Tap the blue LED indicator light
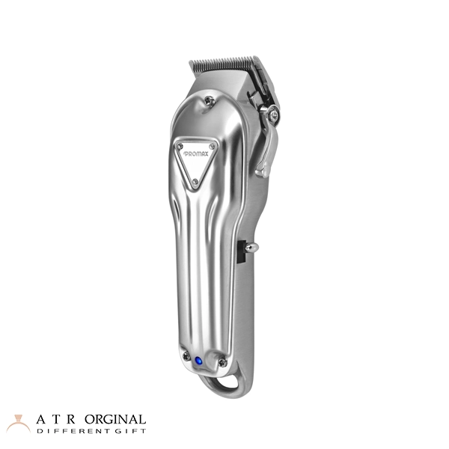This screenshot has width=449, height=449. [198, 361]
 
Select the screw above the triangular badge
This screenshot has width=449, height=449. [209, 100]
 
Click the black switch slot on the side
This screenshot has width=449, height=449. [242, 251]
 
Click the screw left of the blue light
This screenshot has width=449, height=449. [186, 356]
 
